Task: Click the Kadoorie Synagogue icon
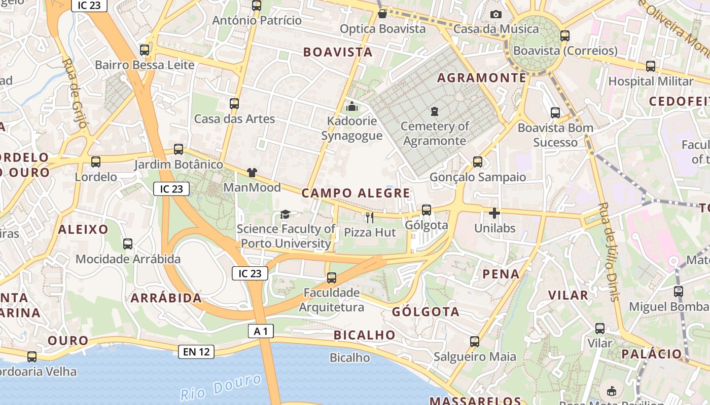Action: pos(351,106)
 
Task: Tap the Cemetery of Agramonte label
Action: pos(435,133)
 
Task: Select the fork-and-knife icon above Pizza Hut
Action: pos(370,218)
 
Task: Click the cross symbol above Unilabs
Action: pos(494,213)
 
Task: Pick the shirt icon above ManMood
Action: pos(252,173)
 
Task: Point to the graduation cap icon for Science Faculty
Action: pos(285,215)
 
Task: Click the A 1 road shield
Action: pos(261,332)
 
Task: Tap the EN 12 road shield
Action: pos(196,351)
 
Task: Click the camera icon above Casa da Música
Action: pos(495,14)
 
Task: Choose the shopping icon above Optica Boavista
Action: pos(382,14)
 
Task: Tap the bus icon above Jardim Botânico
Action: pos(179,149)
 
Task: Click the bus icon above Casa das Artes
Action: pos(234,104)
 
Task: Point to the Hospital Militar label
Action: pos(651,81)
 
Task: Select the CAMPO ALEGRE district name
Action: pos(356,193)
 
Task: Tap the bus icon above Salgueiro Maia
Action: pos(475,342)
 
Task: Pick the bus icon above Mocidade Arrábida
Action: pos(128,244)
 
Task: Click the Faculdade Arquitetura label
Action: pos(332,300)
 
